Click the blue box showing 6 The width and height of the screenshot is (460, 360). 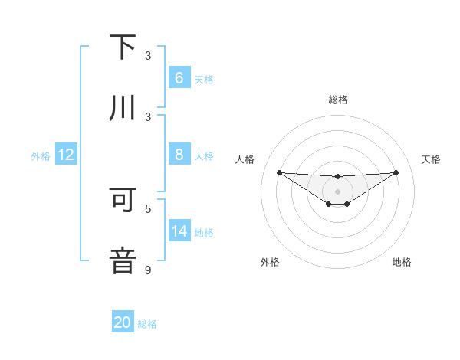click(179, 78)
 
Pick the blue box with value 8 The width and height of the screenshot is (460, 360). click(179, 155)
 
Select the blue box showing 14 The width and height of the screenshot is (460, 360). click(179, 231)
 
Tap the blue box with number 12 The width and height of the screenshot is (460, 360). click(66, 155)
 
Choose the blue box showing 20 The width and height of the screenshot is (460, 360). click(123, 322)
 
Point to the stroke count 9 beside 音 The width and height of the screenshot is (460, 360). click(148, 270)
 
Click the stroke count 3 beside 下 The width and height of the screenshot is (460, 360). click(148, 56)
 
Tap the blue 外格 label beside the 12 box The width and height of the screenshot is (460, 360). click(41, 155)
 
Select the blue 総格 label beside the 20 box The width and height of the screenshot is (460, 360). click(147, 324)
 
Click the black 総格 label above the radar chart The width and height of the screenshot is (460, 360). click(337, 100)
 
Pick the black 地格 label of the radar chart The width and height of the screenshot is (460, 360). click(402, 262)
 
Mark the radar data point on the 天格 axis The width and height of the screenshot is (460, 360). click(396, 172)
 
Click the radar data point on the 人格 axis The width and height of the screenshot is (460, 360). click(279, 172)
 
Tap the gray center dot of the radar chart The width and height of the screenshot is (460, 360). click(337, 191)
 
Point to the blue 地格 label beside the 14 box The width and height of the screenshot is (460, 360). click(204, 233)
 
